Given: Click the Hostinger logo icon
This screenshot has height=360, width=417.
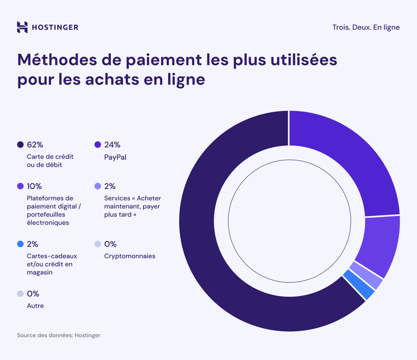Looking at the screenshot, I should tap(22, 27).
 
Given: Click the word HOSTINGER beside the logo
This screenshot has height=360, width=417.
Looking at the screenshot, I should tap(55, 28).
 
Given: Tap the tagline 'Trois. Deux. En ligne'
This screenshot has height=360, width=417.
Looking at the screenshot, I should tap(366, 27).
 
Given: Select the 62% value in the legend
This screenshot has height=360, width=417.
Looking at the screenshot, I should tap(35, 145).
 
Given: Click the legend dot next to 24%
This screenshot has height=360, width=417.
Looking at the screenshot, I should tap(98, 145).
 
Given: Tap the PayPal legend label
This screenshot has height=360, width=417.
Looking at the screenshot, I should tap(115, 157).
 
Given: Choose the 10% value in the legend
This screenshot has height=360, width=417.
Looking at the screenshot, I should tap(34, 186).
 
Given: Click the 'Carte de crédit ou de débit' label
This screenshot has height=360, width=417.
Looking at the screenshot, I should tap(50, 161).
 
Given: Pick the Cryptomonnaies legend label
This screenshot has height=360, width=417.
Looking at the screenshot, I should tap(129, 256).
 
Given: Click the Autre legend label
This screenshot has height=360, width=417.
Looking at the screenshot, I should tap(35, 306).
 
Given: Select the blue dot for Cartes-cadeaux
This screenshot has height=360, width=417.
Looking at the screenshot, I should tap(20, 244).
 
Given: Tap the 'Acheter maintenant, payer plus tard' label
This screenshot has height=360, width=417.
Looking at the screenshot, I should tap(132, 206).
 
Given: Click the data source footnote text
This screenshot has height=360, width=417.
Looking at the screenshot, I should tap(59, 335).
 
